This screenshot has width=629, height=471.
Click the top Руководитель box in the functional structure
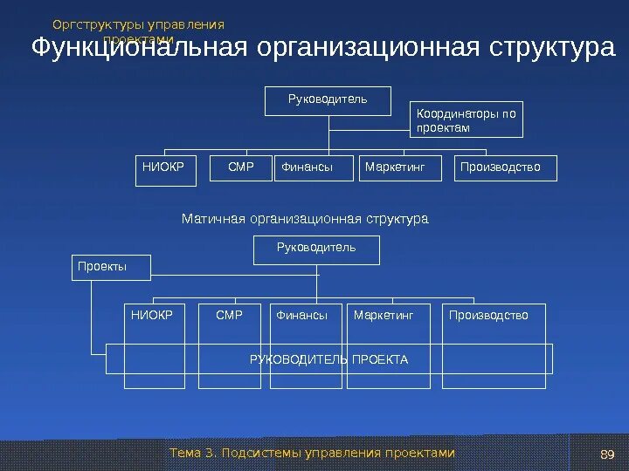[328, 100]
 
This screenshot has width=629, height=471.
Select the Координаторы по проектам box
[467, 120]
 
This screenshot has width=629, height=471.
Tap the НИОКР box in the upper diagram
[163, 168]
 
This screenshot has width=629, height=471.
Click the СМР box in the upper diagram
[240, 168]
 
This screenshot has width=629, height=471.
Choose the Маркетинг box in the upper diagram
[395, 168]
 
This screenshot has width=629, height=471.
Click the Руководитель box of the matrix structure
[316, 249]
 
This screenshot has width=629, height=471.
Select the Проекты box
[111, 267]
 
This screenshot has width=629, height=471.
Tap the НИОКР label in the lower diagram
[152, 315]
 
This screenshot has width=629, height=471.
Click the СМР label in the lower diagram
[229, 315]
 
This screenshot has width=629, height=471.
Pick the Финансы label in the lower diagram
[301, 315]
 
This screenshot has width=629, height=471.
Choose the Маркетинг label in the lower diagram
[384, 315]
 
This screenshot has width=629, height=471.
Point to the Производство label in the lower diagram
[488, 315]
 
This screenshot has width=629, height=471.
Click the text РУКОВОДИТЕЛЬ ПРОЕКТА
[328, 359]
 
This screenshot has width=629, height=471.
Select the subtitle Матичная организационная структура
[305, 218]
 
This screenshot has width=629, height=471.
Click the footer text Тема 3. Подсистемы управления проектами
[313, 453]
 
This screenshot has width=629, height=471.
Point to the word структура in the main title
[551, 48]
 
